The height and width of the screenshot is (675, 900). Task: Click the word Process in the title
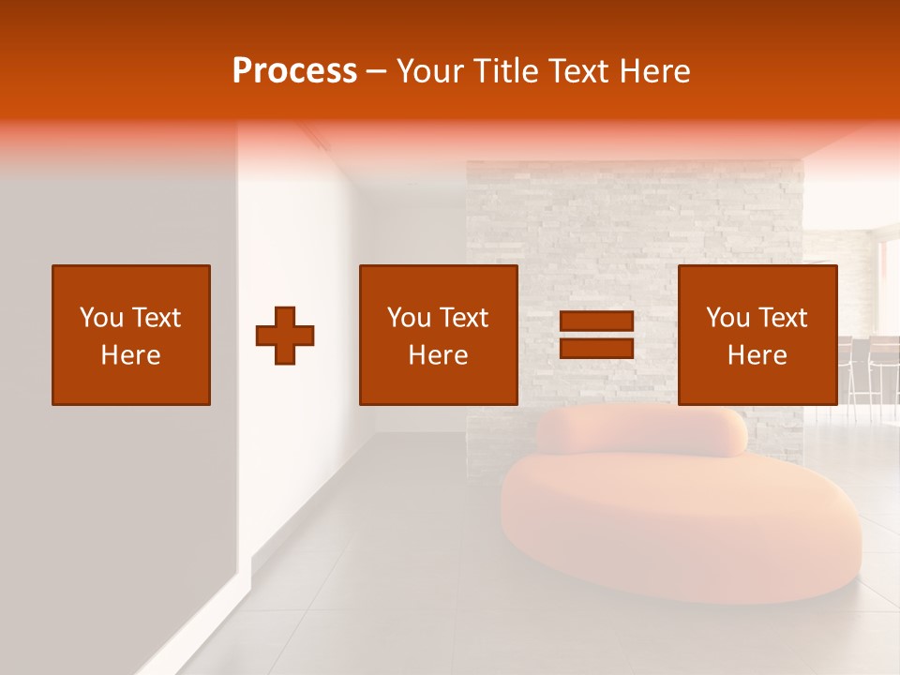294,71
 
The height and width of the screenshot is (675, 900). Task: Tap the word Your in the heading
432,71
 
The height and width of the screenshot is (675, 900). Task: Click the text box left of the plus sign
131,336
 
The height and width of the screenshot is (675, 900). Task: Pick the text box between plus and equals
438,336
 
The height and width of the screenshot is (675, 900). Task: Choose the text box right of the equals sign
757,336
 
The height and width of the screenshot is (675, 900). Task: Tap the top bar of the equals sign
596,322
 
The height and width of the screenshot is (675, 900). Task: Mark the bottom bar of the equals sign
596,348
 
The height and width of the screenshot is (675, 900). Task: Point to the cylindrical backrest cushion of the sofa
642,431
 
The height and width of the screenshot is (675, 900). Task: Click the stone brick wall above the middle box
562,216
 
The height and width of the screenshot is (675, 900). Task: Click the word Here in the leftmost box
131,355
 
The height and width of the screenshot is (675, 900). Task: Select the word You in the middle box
408,318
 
